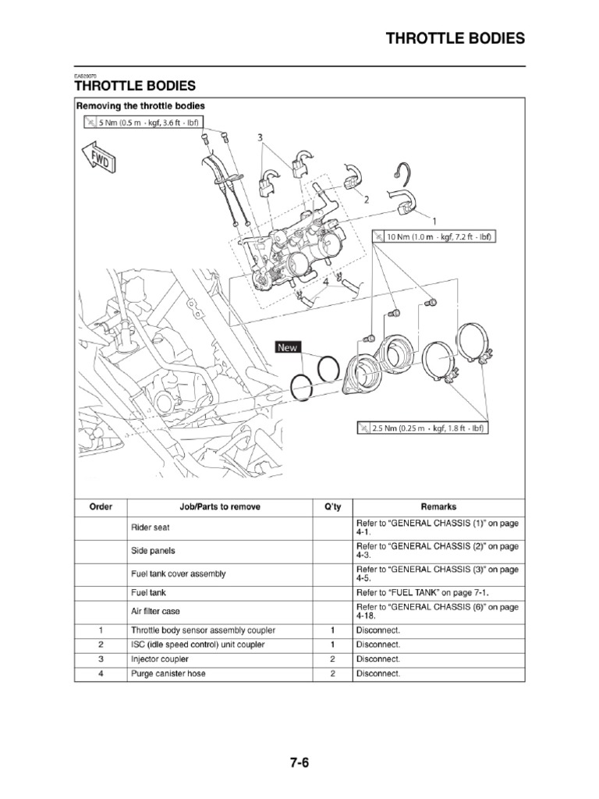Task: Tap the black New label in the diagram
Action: pyautogui.click(x=288, y=347)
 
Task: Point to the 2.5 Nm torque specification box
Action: pyautogui.click(x=424, y=428)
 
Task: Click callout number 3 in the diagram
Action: pyautogui.click(x=259, y=138)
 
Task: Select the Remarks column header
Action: pyautogui.click(x=439, y=506)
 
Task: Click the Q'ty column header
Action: pyautogui.click(x=332, y=506)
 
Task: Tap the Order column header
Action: pyautogui.click(x=101, y=506)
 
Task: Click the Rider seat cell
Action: pyautogui.click(x=151, y=527)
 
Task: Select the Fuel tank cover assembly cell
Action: pyautogui.click(x=178, y=574)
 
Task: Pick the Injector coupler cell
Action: pyautogui.click(x=160, y=659)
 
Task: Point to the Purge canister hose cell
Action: pyautogui.click(x=168, y=673)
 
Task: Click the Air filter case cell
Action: pyautogui.click(x=155, y=611)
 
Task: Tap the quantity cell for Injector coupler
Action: pyautogui.click(x=332, y=659)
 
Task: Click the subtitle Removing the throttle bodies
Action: pyautogui.click(x=140, y=105)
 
